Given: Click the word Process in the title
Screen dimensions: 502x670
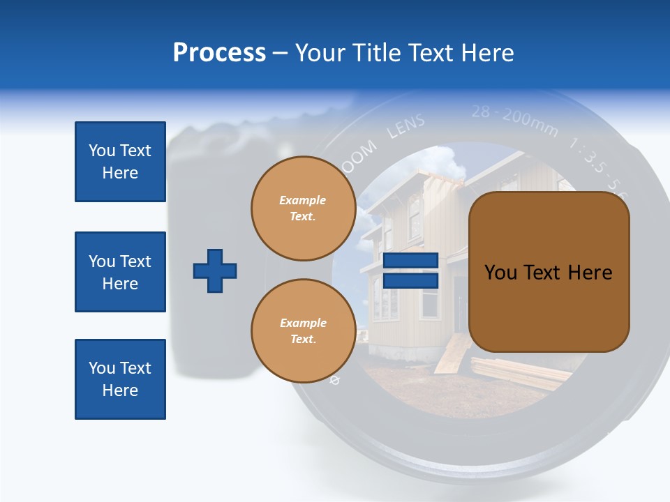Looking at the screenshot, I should click(219, 53).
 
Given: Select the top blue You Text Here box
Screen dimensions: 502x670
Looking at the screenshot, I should click(120, 162).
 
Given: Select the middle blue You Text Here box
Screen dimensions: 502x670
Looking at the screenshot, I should click(120, 272).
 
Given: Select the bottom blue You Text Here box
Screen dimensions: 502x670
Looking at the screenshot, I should click(120, 379).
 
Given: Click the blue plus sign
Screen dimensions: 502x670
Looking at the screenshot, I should click(215, 271).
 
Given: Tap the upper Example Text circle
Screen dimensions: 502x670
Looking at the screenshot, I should click(303, 208).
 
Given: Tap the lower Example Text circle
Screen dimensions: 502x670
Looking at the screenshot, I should click(303, 331).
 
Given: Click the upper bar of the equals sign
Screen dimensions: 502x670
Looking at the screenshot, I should click(410, 260).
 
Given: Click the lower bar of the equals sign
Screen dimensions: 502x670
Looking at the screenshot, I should click(410, 280).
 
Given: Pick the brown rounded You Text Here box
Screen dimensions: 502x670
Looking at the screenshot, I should click(549, 272).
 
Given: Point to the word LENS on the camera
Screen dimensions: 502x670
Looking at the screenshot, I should click(405, 127).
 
